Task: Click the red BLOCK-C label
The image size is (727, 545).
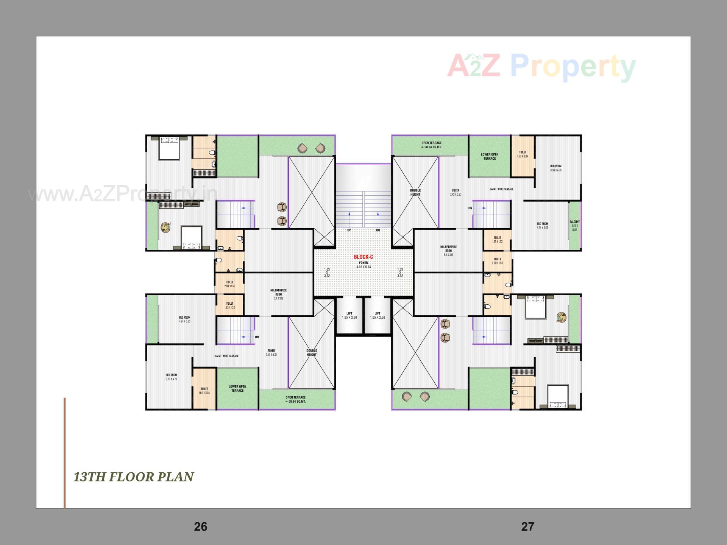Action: (x=363, y=257)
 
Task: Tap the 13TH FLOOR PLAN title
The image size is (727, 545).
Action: (x=133, y=477)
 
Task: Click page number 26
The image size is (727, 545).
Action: (x=200, y=526)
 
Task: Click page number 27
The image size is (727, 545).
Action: (x=527, y=526)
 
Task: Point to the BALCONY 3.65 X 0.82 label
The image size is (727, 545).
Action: (x=574, y=226)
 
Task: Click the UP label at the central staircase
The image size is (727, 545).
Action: (x=349, y=230)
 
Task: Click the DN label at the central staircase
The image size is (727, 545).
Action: (x=378, y=230)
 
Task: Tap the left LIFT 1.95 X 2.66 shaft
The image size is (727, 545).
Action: (x=349, y=315)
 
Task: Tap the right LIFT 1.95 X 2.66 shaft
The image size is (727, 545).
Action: (x=378, y=315)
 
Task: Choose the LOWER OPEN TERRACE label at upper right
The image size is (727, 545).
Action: (x=490, y=156)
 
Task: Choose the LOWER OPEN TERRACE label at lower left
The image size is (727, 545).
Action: (x=237, y=389)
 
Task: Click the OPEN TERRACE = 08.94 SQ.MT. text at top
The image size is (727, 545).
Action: (x=431, y=145)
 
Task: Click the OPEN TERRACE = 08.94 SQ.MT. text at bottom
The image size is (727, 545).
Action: (x=295, y=399)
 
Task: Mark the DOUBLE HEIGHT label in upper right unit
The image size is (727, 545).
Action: (x=415, y=192)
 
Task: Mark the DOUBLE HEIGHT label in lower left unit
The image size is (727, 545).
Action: (x=311, y=352)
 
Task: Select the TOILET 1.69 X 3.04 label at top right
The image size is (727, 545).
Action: (x=523, y=154)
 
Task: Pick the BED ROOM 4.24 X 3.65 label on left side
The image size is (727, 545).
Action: (x=185, y=319)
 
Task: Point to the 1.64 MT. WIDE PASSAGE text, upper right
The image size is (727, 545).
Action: (x=501, y=189)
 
